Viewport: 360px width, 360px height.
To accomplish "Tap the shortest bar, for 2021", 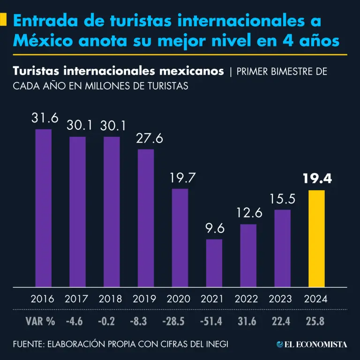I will point(214,263).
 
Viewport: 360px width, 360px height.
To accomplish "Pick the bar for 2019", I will point(146,218).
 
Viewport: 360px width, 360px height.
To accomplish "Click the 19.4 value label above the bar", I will point(316,179).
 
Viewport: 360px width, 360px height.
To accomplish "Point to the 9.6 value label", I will point(214,229).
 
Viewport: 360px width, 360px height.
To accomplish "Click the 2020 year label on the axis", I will point(180,299).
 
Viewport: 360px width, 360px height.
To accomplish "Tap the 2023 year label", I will point(282,299).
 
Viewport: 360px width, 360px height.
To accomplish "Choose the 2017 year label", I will point(77,299).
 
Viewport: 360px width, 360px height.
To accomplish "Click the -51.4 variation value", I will point(214,322).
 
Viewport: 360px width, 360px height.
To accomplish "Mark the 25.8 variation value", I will point(316,322).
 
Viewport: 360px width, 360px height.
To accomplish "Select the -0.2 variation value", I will point(112,322).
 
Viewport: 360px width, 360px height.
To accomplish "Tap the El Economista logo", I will point(311,345).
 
